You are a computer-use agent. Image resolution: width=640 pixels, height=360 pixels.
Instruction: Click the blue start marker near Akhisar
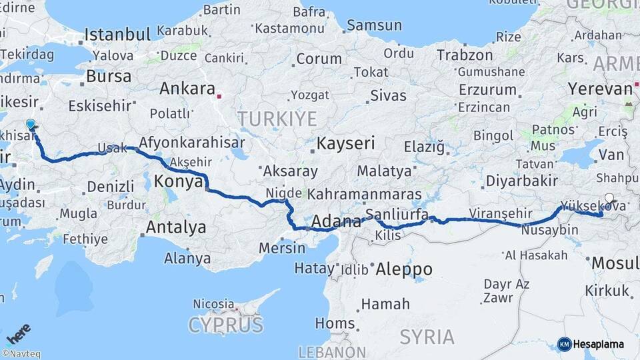[30, 125]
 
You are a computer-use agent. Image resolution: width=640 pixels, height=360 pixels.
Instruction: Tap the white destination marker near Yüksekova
[609, 198]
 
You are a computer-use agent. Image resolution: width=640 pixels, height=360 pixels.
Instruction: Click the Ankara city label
[187, 89]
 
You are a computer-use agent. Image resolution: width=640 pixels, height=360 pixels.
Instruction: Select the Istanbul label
[117, 35]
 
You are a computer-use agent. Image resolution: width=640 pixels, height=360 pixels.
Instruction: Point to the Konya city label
[178, 180]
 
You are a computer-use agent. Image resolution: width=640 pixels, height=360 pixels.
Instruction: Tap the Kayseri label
[345, 143]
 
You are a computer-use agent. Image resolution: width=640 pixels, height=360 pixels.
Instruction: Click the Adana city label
[332, 221]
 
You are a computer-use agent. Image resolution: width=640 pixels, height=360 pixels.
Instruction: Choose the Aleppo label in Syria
[403, 269]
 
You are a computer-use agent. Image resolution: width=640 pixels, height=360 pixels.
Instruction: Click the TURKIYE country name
[277, 119]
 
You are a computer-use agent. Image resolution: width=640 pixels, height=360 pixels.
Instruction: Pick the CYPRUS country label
[225, 325]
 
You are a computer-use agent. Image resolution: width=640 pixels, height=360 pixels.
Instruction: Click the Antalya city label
[175, 227]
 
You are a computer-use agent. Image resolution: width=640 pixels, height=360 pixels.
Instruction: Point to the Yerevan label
[599, 89]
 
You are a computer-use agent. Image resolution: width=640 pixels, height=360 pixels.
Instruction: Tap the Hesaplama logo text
[599, 344]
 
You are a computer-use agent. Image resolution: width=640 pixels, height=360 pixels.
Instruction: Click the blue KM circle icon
[564, 344]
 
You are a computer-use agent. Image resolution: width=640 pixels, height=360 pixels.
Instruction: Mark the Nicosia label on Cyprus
[213, 304]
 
